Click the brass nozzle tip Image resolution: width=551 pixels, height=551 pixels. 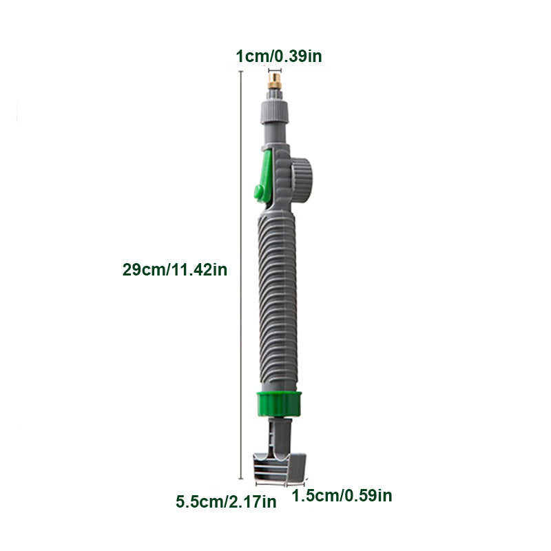click(274, 81)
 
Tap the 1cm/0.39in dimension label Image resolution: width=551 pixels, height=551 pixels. click(279, 56)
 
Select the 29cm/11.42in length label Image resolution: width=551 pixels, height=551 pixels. click(175, 270)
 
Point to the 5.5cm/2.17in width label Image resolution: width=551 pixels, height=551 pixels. click(226, 501)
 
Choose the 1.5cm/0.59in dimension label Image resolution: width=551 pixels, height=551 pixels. click(342, 495)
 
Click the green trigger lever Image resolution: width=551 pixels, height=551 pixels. click(264, 176)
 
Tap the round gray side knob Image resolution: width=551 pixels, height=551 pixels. click(302, 181)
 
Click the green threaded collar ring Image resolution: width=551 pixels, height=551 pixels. click(279, 404)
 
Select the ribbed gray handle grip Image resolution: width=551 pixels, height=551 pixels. click(278, 302)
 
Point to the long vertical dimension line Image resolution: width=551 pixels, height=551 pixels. click(240, 275)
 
